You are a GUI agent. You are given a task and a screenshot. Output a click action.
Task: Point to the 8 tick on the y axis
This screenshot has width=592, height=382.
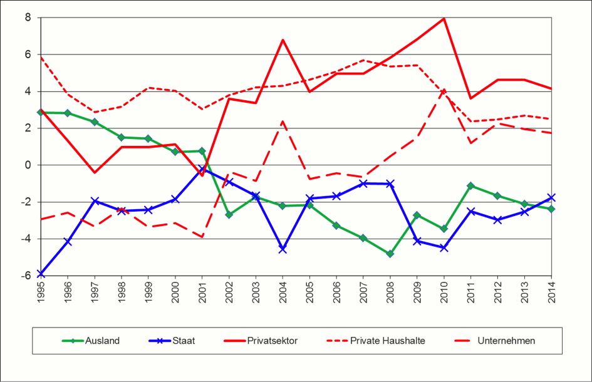[28, 18]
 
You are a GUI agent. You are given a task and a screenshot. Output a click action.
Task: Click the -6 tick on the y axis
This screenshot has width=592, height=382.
[27, 276]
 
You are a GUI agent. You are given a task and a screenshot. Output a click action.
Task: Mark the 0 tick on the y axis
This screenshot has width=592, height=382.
[28, 165]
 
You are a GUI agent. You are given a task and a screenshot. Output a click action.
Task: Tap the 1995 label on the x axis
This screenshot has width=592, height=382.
[41, 293]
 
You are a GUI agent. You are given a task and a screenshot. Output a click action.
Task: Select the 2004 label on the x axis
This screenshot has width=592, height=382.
[283, 293]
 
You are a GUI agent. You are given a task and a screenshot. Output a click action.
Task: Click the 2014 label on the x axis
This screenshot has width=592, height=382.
[551, 293]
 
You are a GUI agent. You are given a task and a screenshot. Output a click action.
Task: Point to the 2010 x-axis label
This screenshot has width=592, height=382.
[444, 293]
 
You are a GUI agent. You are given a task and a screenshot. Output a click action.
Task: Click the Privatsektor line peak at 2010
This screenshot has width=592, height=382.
[444, 18]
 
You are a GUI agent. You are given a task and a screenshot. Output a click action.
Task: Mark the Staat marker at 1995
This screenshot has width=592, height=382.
[41, 274]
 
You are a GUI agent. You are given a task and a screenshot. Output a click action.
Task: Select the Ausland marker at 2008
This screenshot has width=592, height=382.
[390, 254]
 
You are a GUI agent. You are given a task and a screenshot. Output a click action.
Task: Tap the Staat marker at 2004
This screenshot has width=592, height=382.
[283, 249]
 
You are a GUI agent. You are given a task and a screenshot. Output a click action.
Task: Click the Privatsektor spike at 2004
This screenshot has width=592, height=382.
[283, 40]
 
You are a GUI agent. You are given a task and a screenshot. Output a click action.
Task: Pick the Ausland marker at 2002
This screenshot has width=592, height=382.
[229, 215]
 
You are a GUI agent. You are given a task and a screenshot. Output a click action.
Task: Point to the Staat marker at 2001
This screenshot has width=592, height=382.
[202, 169]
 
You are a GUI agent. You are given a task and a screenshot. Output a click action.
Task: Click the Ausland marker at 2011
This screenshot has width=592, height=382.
[470, 186]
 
